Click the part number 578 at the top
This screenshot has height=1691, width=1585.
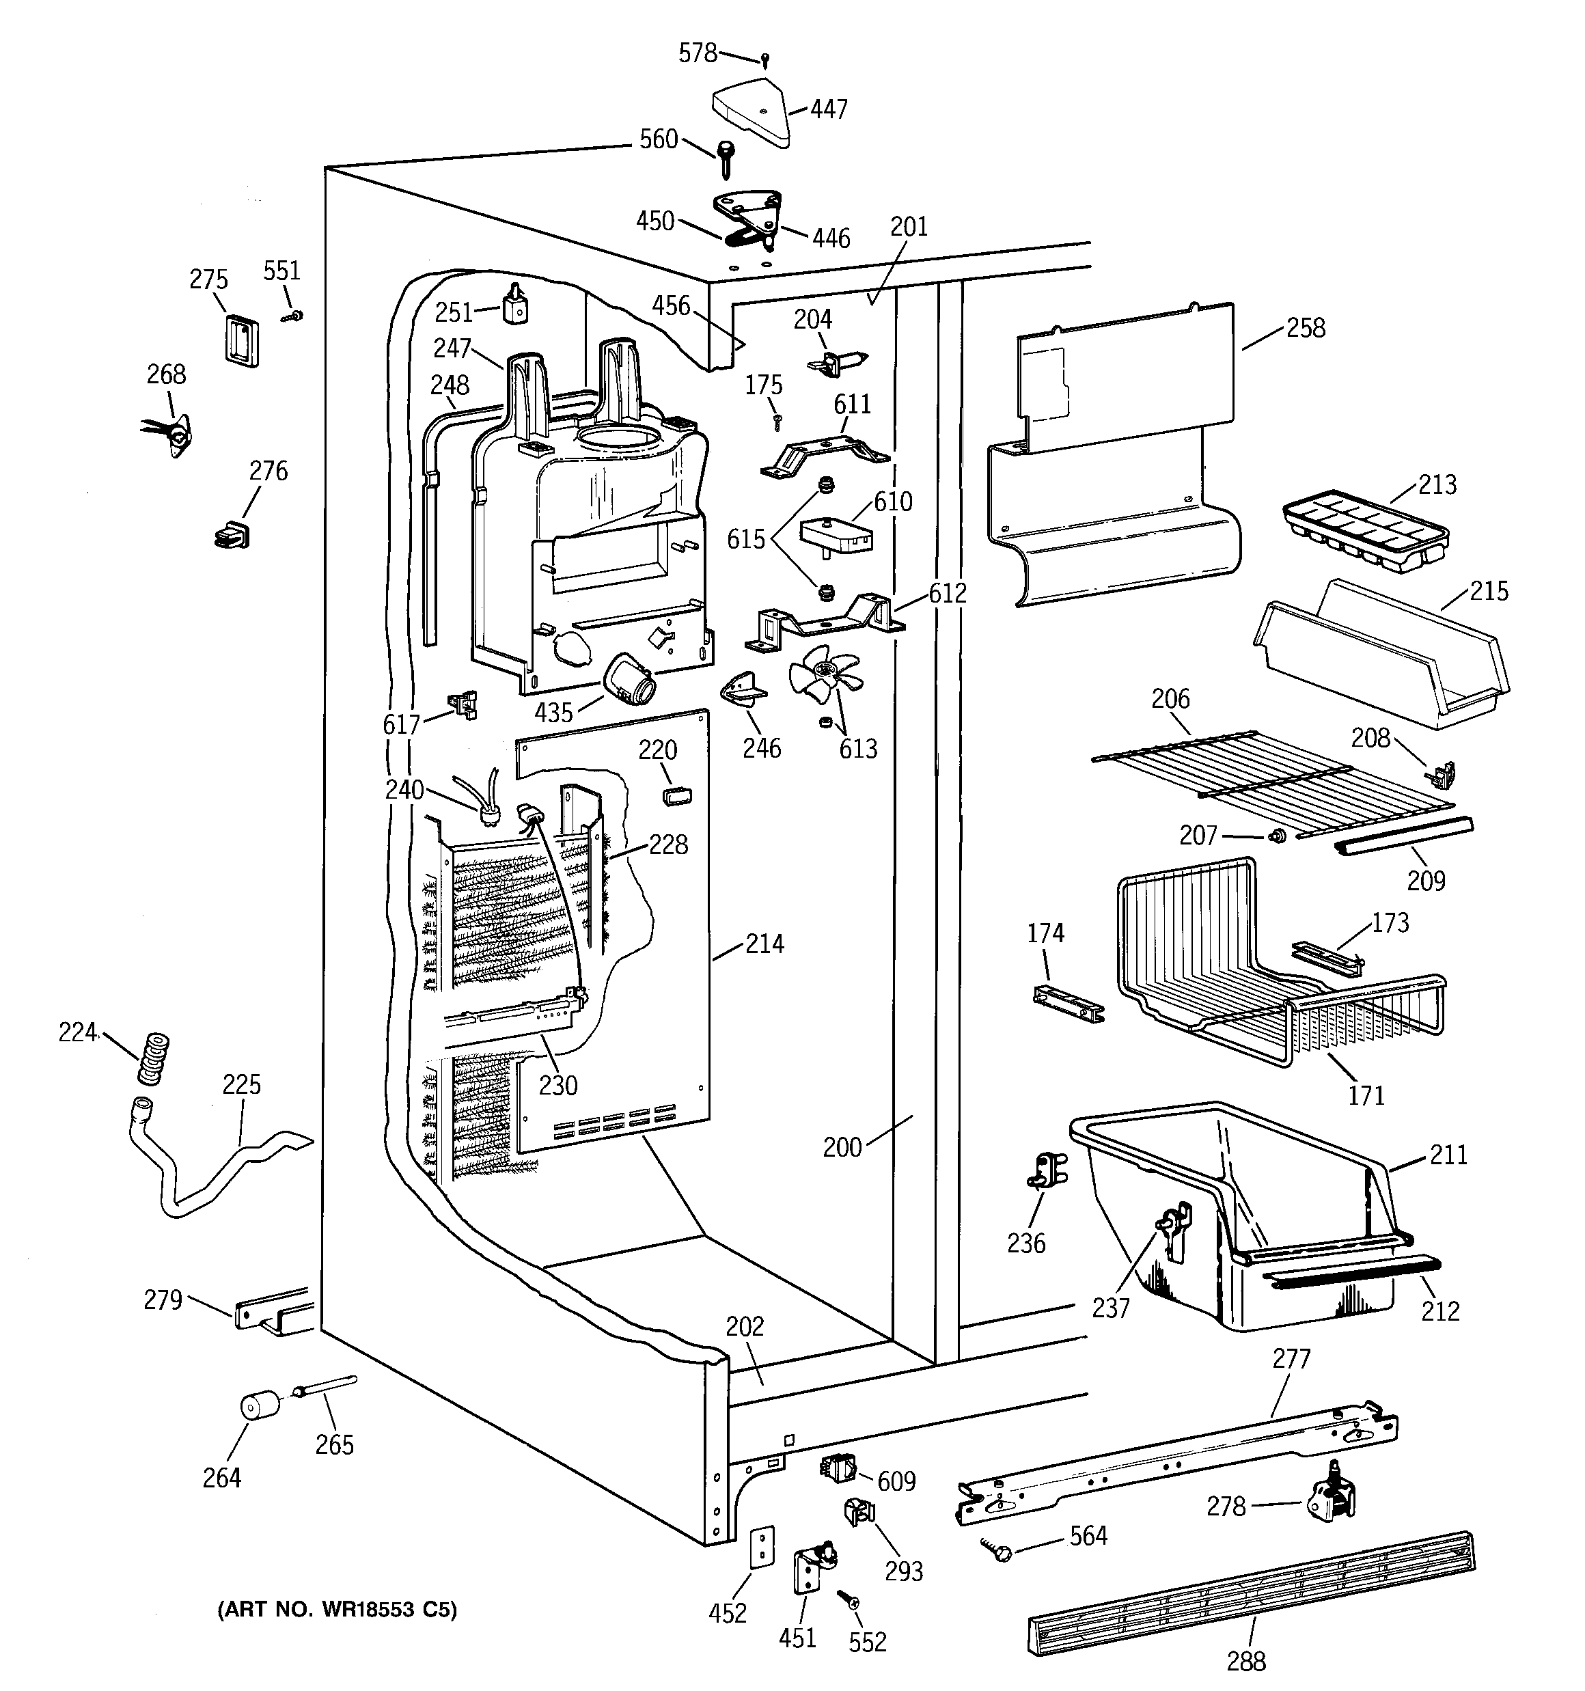(698, 53)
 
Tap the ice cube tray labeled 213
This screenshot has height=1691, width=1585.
(1364, 530)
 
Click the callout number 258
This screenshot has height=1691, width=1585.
(1305, 329)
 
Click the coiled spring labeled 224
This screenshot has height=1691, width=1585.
(154, 1058)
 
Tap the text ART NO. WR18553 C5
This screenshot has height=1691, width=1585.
(337, 1609)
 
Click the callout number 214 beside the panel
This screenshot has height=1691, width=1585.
(764, 944)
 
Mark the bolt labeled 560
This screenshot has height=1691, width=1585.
(726, 157)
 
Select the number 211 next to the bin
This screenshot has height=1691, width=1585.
(1448, 1154)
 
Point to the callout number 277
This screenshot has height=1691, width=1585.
(1291, 1358)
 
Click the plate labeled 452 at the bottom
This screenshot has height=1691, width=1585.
(762, 1545)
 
